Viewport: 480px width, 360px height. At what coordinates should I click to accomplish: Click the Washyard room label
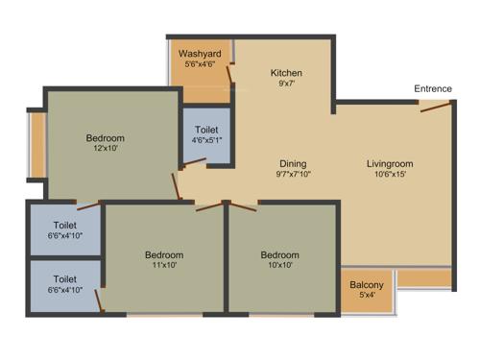[x=199, y=53]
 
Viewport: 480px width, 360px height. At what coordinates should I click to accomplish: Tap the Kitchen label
[x=286, y=73]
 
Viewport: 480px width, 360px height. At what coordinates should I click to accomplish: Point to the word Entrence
[x=433, y=89]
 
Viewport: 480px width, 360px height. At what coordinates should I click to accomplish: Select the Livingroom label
[x=390, y=163]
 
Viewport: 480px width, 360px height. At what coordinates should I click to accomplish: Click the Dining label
[x=293, y=163]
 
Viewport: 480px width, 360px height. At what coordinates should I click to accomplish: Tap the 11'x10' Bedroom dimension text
[x=164, y=267]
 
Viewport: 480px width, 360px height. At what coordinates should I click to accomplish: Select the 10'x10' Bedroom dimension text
[x=279, y=267]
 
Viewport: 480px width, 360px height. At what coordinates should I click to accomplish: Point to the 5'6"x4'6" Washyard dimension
[x=199, y=65]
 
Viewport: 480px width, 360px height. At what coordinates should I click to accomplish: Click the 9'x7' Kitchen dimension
[x=286, y=84]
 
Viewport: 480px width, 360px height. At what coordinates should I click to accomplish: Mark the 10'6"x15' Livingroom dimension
[x=390, y=175]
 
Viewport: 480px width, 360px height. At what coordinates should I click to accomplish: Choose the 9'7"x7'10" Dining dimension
[x=293, y=175]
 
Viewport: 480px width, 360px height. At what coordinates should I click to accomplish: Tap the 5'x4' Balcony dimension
[x=367, y=296]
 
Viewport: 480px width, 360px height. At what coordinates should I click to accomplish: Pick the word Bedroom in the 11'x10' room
[x=164, y=255]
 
